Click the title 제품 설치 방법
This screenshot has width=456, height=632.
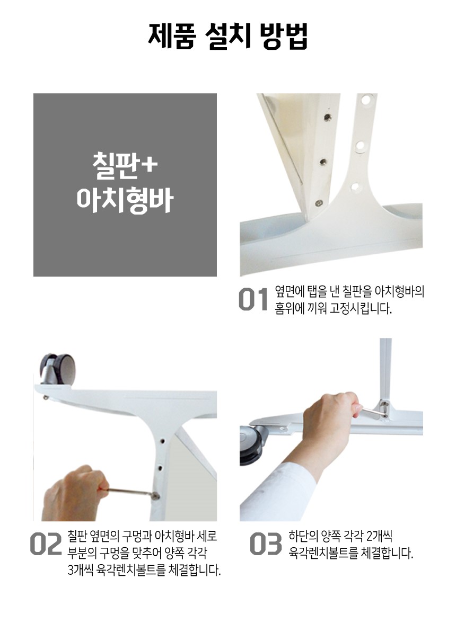click(228, 36)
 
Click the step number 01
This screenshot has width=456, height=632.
click(253, 300)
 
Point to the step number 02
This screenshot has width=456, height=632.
click(46, 544)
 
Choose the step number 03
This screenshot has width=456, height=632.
click(266, 544)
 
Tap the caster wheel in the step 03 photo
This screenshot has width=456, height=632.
click(252, 446)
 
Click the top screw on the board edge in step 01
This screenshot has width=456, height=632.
click(328, 117)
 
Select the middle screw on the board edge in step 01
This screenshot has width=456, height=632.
click(323, 162)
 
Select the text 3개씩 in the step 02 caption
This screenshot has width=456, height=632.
click(81, 570)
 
